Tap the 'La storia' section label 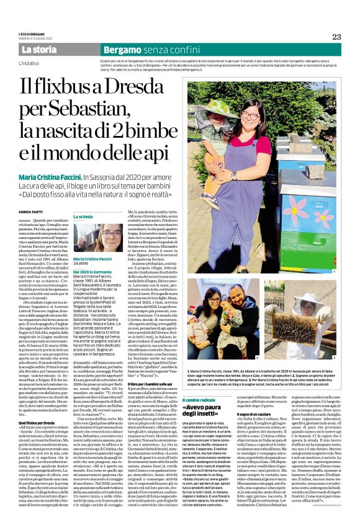point(39,49)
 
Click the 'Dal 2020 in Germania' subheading point(94,271)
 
